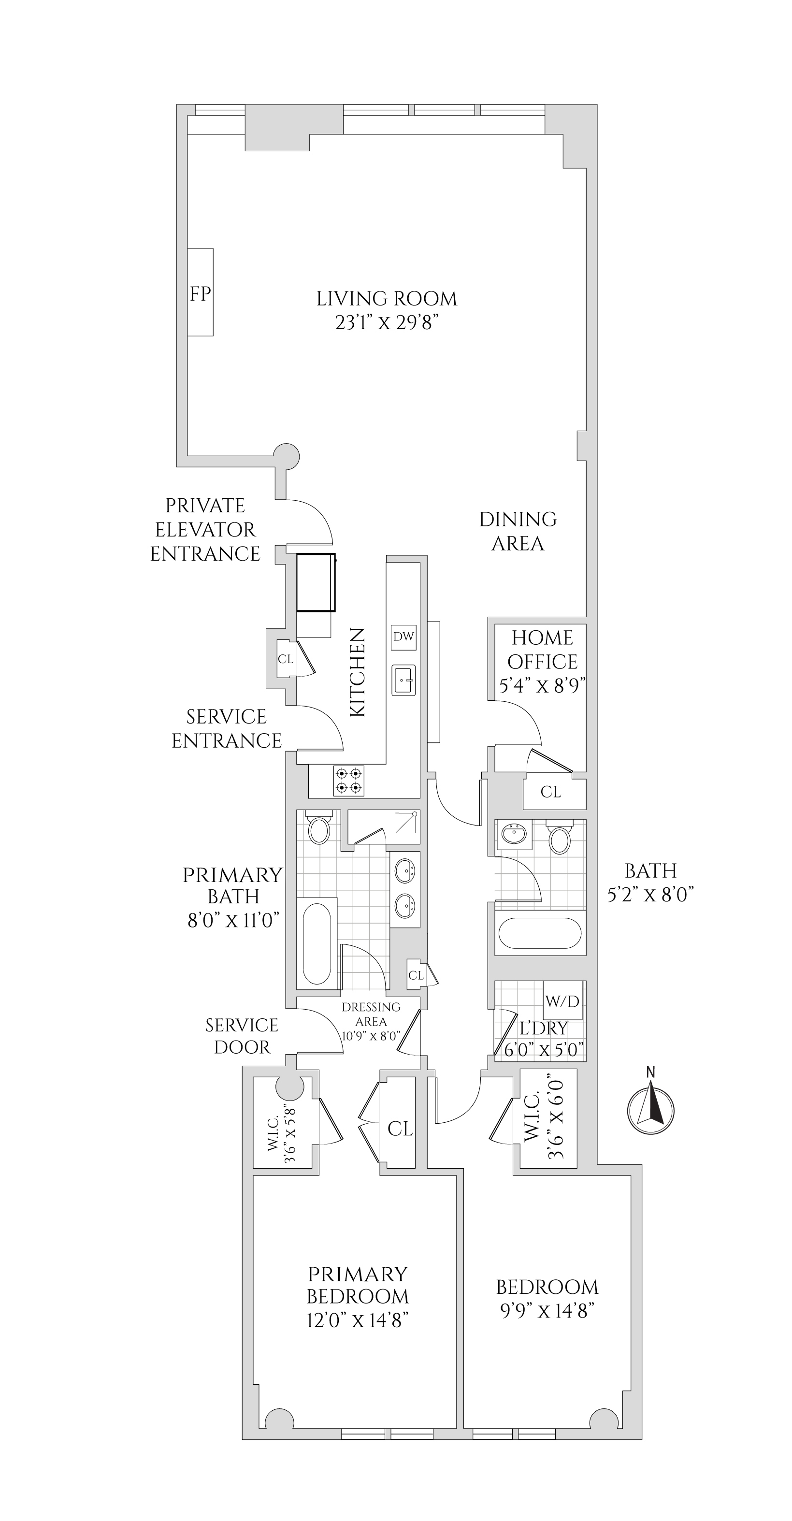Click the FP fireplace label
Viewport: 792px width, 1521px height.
tap(200, 293)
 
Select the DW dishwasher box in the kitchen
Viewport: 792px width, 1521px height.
tap(403, 637)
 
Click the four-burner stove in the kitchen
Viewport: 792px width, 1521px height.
tap(348, 780)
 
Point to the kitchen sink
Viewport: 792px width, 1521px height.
tap(403, 680)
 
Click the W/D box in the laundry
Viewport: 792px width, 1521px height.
tap(562, 1001)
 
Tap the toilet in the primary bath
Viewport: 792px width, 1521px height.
tap(319, 829)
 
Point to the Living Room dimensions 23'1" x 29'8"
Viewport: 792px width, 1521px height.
tap(387, 323)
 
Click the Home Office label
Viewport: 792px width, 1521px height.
tap(542, 650)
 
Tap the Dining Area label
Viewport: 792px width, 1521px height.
tap(518, 531)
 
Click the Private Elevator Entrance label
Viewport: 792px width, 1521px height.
tap(205, 530)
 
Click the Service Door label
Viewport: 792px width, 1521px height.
tap(242, 1036)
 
